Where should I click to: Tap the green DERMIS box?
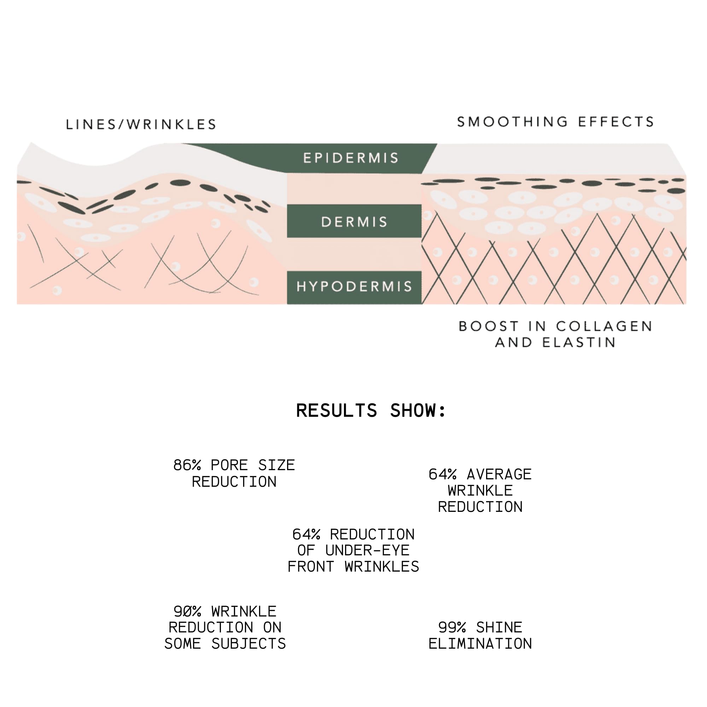point(354,221)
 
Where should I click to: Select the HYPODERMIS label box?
point(354,288)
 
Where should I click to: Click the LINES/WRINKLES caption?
point(141,124)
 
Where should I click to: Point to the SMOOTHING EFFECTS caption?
point(555,122)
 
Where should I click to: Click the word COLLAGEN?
point(604,326)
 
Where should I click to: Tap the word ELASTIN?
point(579,343)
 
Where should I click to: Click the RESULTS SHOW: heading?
point(371,410)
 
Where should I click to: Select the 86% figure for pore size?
point(187,465)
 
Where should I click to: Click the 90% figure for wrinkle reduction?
point(187,612)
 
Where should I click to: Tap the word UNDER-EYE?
point(367,550)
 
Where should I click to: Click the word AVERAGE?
point(499,474)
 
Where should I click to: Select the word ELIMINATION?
point(480,644)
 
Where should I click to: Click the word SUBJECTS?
point(249,644)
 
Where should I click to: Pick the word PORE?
point(229,465)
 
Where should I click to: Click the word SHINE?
point(499,627)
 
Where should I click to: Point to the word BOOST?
point(489,326)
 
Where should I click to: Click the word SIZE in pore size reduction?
point(277,465)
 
